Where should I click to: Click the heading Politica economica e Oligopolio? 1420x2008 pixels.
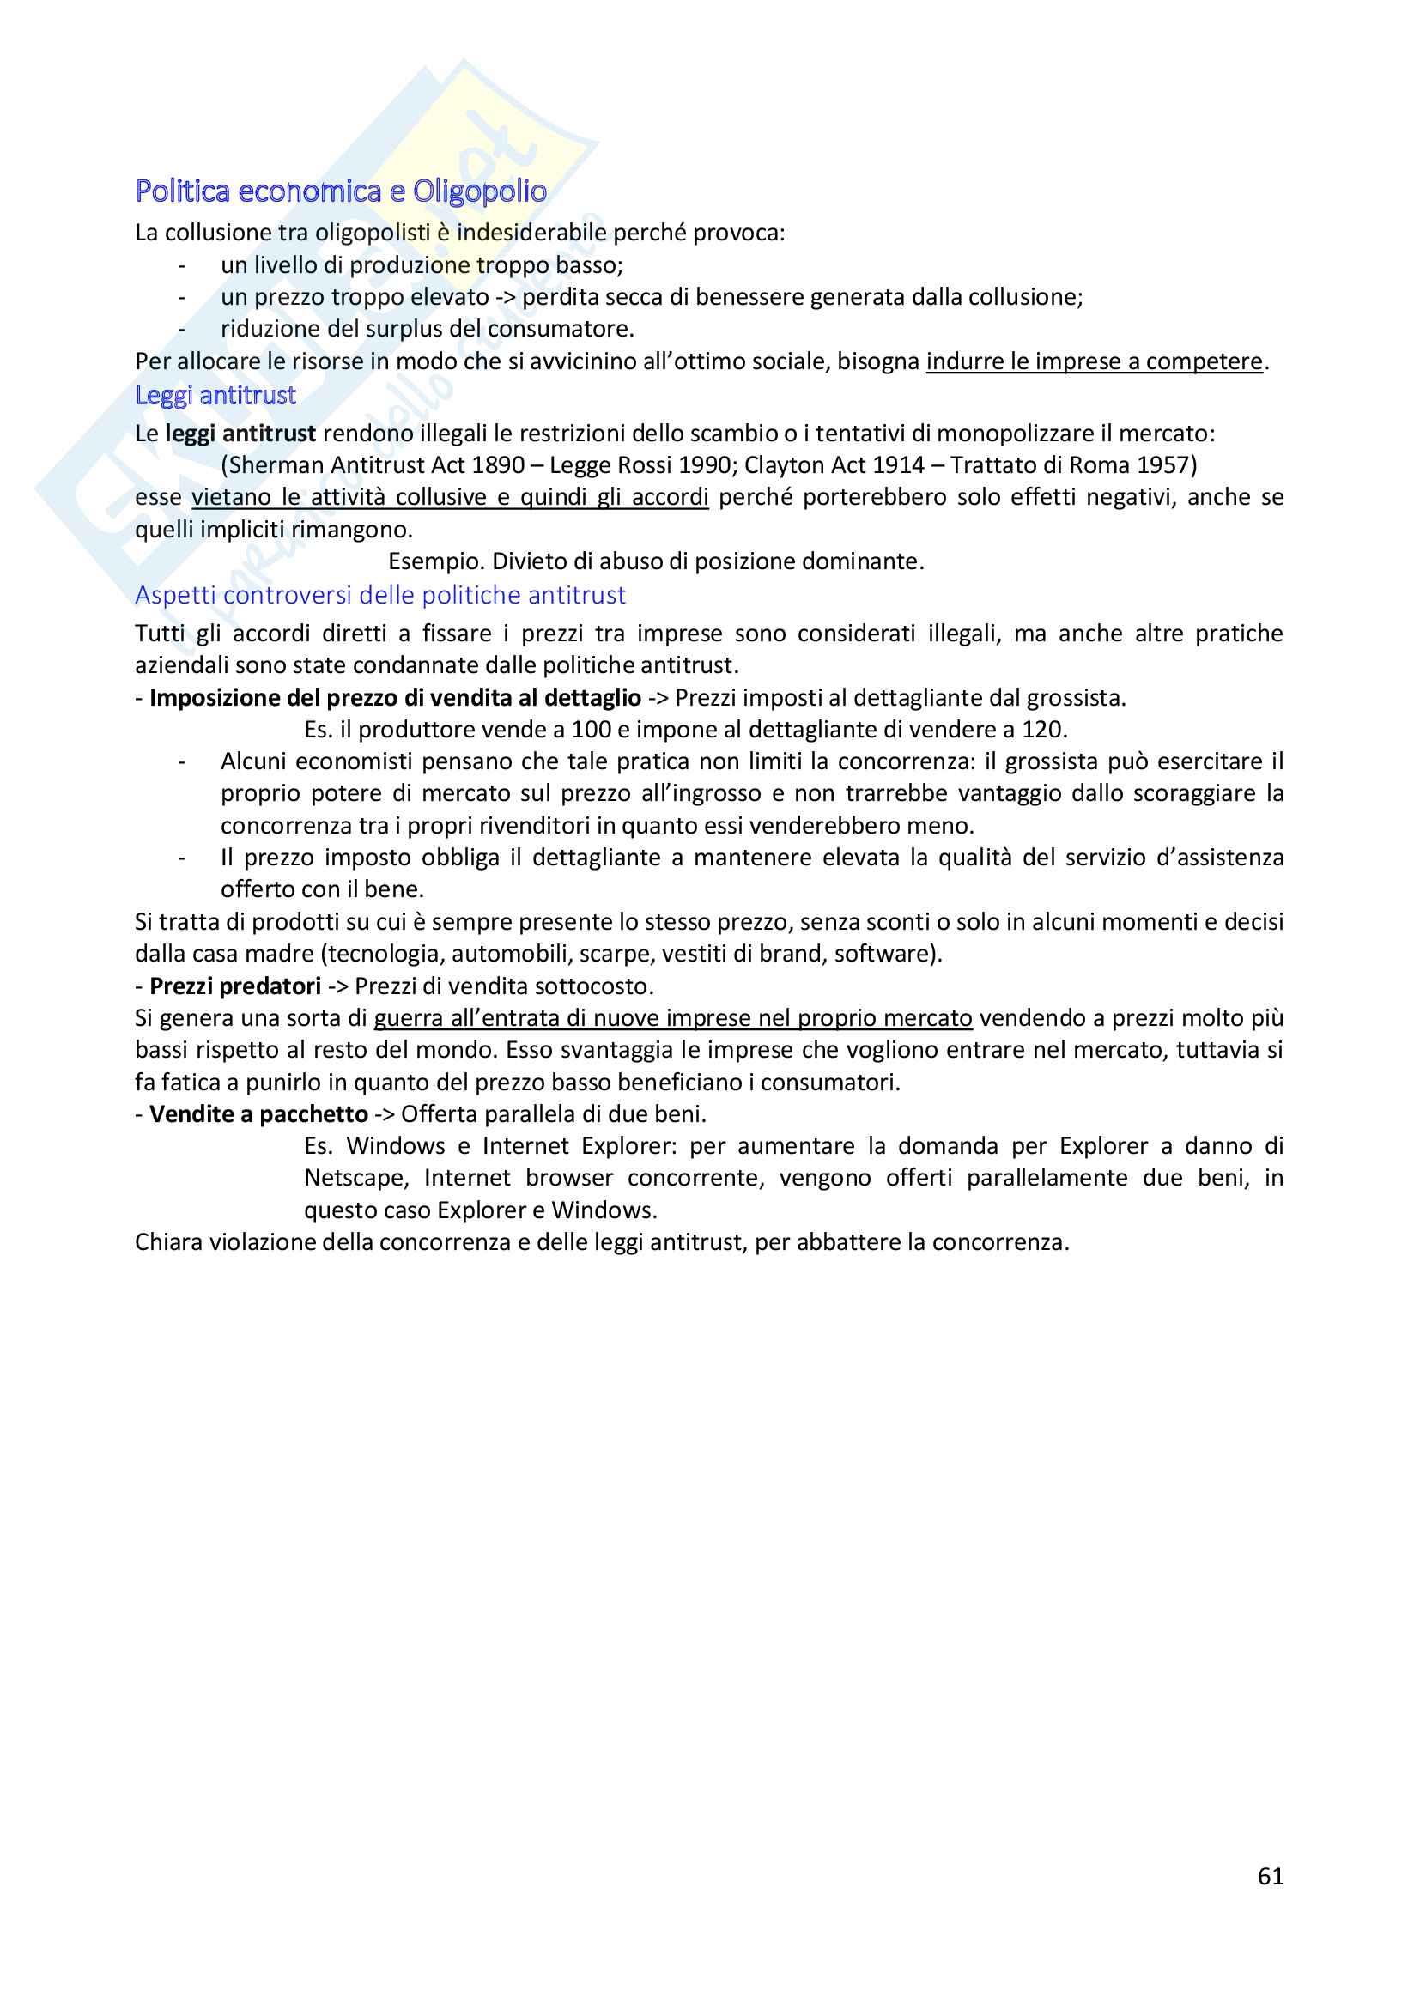(341, 191)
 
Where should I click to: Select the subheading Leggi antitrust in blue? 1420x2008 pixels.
(215, 395)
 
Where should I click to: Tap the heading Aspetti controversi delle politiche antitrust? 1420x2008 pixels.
(380, 595)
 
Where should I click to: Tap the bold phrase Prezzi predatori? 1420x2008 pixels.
(235, 986)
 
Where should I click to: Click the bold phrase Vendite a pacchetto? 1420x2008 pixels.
(258, 1113)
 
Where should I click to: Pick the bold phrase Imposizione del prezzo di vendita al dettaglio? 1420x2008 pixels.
(395, 697)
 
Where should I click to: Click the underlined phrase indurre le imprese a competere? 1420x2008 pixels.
(1095, 361)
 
